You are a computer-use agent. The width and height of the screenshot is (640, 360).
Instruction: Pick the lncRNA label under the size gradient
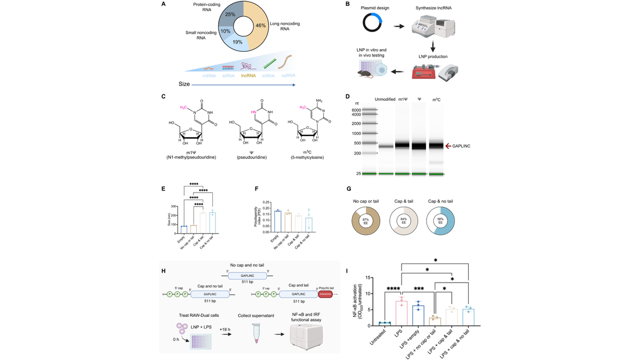[x=249, y=76]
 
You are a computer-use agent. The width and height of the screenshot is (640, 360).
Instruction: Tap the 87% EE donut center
[x=366, y=221]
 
